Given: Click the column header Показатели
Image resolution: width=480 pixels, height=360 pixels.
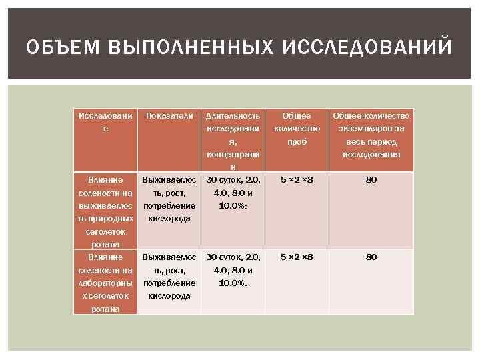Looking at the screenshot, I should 169,116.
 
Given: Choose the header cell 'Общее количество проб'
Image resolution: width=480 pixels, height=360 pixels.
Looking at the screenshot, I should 297,129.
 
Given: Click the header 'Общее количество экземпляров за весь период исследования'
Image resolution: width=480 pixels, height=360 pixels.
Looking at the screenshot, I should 371,135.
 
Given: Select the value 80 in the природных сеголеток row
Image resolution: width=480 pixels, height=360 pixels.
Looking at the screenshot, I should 371,180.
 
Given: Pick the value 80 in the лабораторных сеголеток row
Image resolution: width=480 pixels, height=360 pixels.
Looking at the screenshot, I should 371,257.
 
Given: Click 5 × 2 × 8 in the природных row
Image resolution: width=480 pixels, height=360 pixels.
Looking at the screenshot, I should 297,180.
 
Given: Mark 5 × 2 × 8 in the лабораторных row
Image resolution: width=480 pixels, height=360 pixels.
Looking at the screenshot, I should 297,257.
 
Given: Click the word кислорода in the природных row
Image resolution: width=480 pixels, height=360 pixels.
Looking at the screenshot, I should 169,219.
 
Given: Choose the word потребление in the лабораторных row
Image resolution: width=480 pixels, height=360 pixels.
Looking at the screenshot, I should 169,283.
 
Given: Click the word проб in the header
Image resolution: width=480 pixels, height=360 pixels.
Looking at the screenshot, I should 297,142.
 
